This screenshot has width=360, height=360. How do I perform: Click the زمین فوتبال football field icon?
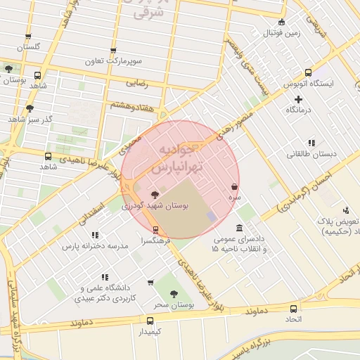282,22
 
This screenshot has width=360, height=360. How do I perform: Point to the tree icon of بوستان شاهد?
8,69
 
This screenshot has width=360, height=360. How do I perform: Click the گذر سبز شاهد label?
27,119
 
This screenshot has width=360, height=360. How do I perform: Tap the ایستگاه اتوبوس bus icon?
308,72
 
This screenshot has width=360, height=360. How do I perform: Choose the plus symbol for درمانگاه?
299,99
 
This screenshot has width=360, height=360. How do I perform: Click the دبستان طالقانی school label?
312,153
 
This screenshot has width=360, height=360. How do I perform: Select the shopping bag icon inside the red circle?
233,188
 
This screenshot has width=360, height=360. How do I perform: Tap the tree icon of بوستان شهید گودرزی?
155,195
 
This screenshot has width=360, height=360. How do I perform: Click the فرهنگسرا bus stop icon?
155,230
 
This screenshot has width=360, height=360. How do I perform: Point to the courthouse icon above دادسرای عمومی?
240,229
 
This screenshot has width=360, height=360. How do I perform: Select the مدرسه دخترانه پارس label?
94,247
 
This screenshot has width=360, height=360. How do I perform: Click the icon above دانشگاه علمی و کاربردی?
105,278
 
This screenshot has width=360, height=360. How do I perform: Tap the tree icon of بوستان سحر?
173,294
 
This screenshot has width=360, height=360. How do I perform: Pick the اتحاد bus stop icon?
293,308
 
